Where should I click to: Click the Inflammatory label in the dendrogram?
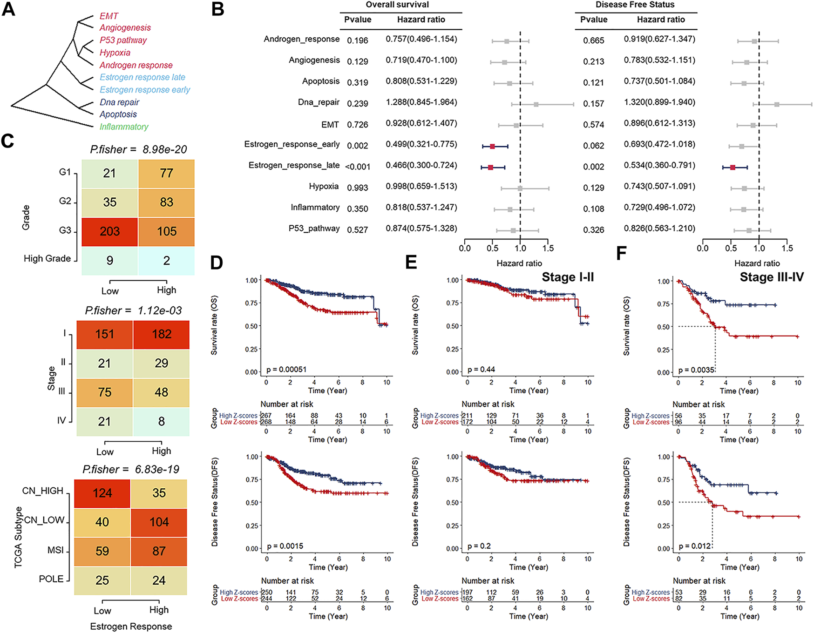pos(123,127)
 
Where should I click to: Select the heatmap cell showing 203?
pos(110,231)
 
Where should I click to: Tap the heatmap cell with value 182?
pos(161,334)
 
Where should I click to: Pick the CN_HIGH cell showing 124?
pos(102,493)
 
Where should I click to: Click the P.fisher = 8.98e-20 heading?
pos(138,149)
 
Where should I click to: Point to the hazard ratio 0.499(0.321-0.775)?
pos(421,144)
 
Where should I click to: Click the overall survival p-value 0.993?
pos(357,188)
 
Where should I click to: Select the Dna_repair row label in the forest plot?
pos(319,102)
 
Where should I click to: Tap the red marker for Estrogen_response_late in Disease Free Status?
pos(733,167)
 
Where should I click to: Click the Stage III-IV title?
pos(772,277)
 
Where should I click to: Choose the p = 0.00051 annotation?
pos(286,370)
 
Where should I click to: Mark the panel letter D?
pos(217,263)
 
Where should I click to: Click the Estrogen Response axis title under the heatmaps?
pos(131,626)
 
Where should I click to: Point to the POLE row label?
pos(51,579)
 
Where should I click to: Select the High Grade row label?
pos(47,258)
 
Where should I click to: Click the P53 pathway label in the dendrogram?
pos(123,40)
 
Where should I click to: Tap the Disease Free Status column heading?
pos(635,5)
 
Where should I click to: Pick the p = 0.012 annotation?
pos(694,546)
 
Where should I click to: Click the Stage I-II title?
pos(568,277)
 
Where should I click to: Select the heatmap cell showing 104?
pos(159,522)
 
